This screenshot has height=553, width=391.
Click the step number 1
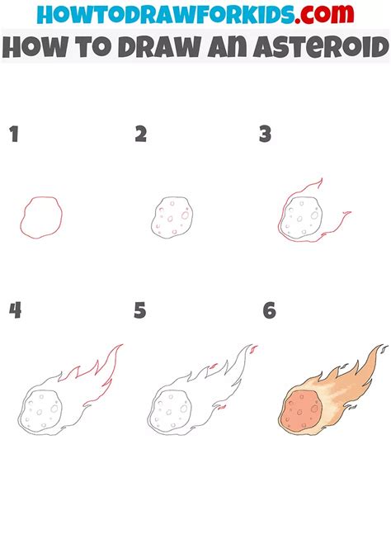click(14, 134)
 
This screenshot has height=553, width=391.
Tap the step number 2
click(141, 134)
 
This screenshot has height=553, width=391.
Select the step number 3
click(265, 134)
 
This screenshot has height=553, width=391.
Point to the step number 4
click(15, 310)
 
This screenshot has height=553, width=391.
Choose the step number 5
click(140, 310)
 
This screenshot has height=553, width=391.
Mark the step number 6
click(270, 310)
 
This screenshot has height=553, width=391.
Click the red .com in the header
click(324, 13)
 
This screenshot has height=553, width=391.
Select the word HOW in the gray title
click(36, 47)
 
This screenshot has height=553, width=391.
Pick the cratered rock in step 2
click(172, 217)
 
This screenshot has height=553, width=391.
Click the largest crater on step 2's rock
click(185, 215)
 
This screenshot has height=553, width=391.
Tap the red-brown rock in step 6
click(302, 409)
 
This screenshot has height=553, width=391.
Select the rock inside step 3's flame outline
click(303, 217)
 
